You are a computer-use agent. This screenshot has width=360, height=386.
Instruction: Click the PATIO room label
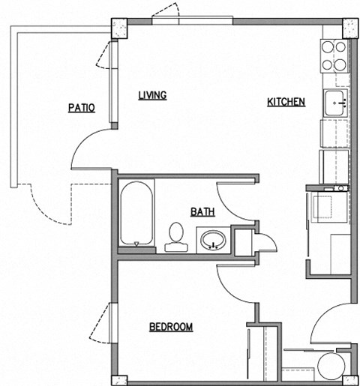(x=82, y=107)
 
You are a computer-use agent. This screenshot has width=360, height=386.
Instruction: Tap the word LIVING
(x=151, y=95)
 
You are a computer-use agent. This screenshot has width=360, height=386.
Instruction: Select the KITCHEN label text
(x=286, y=102)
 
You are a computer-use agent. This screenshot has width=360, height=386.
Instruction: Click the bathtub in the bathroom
(x=136, y=214)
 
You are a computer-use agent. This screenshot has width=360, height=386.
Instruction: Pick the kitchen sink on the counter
(x=335, y=101)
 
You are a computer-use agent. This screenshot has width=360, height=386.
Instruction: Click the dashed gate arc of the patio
(x=49, y=206)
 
